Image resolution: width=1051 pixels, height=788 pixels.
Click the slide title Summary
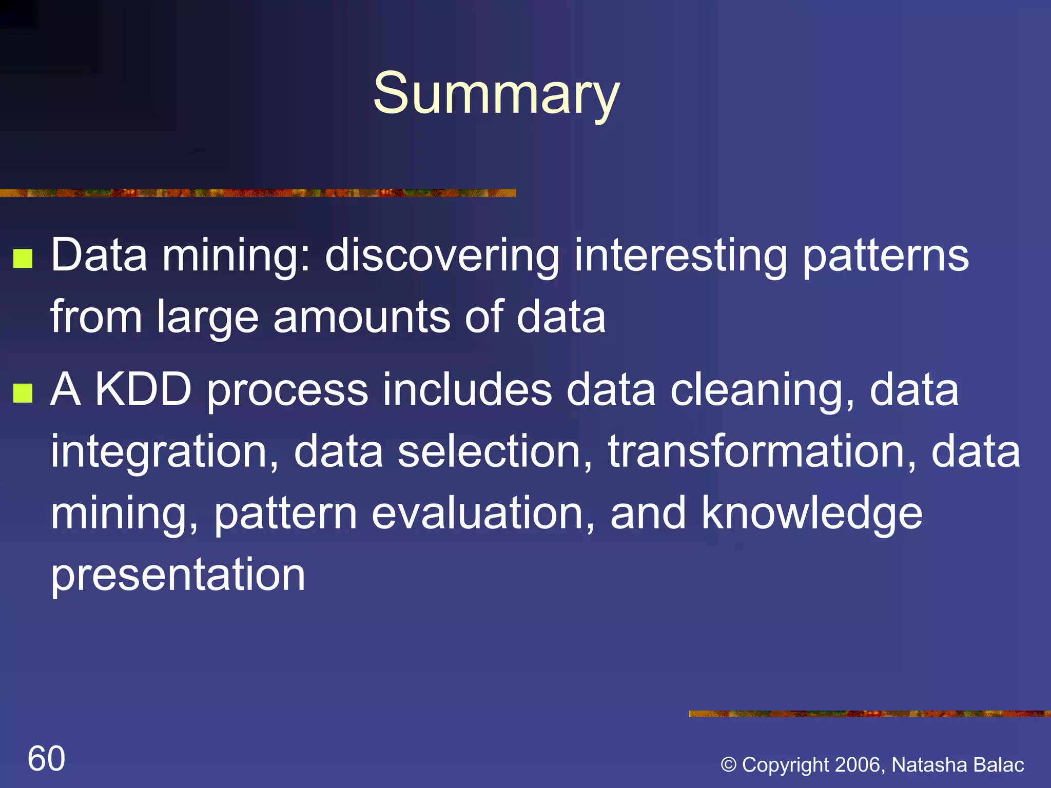click(x=496, y=94)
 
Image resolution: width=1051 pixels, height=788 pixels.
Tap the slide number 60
click(x=46, y=758)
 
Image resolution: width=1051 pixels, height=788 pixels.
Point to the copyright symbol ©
click(x=729, y=765)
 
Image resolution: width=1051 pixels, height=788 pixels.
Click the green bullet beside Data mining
click(x=23, y=259)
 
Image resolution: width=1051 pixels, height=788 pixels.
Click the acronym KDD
click(x=144, y=390)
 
